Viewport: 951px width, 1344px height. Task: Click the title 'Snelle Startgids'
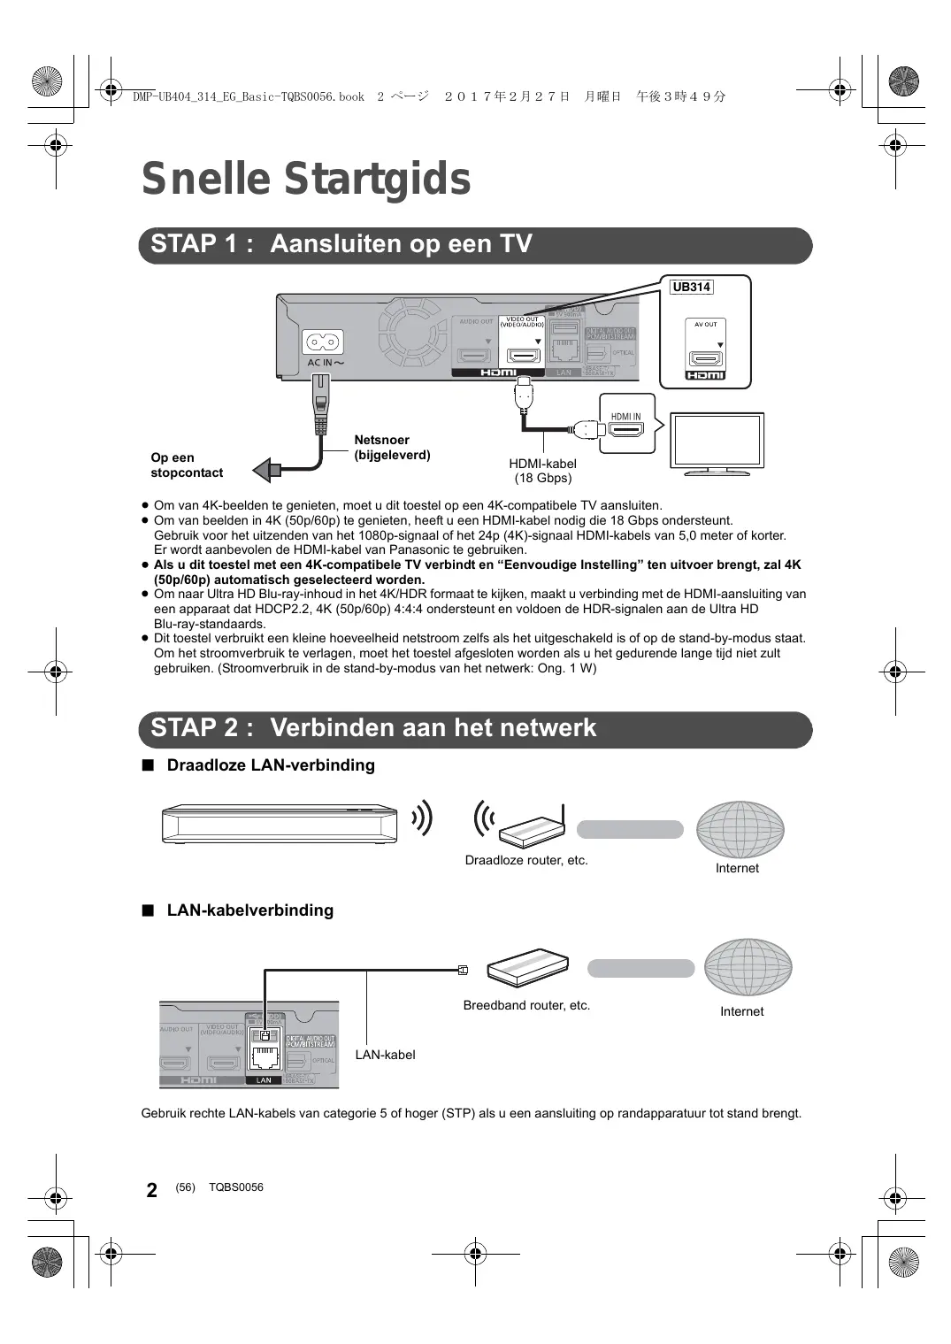point(306,179)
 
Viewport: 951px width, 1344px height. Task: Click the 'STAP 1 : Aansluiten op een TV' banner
point(475,245)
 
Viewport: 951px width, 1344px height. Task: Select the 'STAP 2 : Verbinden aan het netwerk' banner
point(475,729)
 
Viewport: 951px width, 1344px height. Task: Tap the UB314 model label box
point(691,287)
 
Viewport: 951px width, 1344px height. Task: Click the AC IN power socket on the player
point(323,342)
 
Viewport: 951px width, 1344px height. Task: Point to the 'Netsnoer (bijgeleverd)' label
point(392,448)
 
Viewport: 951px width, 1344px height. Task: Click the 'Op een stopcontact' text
point(187,465)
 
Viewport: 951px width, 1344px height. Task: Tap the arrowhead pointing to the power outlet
point(263,470)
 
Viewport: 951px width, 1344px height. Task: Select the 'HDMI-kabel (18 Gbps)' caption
point(542,471)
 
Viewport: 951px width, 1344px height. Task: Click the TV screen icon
point(717,441)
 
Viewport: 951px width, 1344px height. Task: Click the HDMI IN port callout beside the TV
point(626,426)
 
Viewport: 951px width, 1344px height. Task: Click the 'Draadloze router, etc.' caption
point(526,860)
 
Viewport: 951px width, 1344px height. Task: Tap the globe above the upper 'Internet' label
point(740,829)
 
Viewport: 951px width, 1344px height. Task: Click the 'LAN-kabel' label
point(385,1055)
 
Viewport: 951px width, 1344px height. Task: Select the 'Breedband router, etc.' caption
point(526,1005)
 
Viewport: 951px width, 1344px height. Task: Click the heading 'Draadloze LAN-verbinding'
point(271,765)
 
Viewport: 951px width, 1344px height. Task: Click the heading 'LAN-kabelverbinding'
point(249,910)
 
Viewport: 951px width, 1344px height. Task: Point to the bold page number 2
point(152,1190)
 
